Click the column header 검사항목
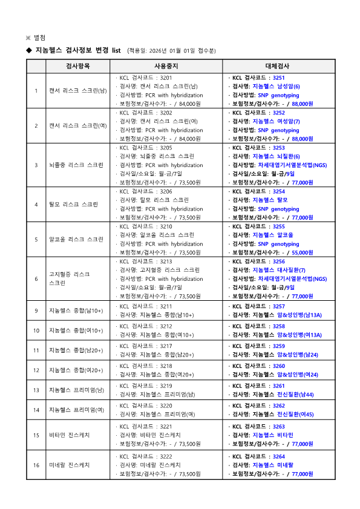77,65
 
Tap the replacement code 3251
279,78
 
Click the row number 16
36,465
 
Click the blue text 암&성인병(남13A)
300,315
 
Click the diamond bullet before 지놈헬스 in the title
28,50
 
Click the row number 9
36,310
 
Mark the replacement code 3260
279,366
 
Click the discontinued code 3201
166,78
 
